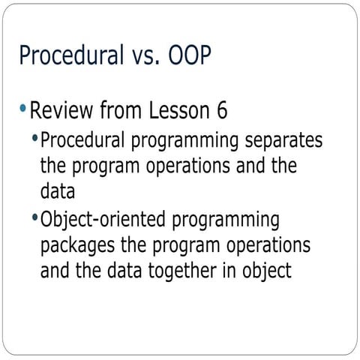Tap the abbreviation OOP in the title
187,56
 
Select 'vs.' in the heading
142,56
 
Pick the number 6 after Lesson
221,112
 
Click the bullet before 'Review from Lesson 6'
24,110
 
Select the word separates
283,140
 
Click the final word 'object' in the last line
265,271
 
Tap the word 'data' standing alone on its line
57,192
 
